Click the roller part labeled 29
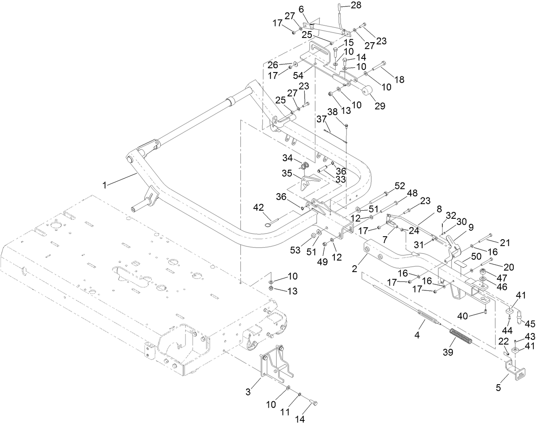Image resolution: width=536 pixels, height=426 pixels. pos(367,91)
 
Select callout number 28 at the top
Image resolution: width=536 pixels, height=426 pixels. pos(355,5)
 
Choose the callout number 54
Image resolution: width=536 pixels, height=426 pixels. pos(298,75)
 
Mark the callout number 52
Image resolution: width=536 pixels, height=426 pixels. pos(400,186)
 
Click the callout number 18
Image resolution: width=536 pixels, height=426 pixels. pos(400,80)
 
